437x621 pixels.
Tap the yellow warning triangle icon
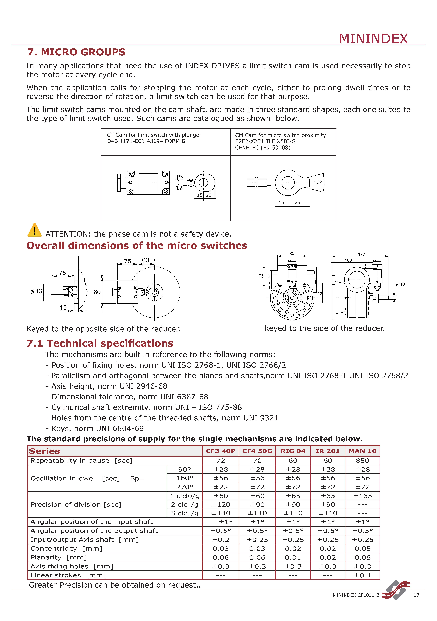(34, 230)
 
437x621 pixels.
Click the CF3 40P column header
(221, 451)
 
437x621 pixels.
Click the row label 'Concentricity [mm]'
(66, 549)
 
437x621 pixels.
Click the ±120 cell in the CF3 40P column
(221, 504)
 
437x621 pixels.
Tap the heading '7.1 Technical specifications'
(100, 343)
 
